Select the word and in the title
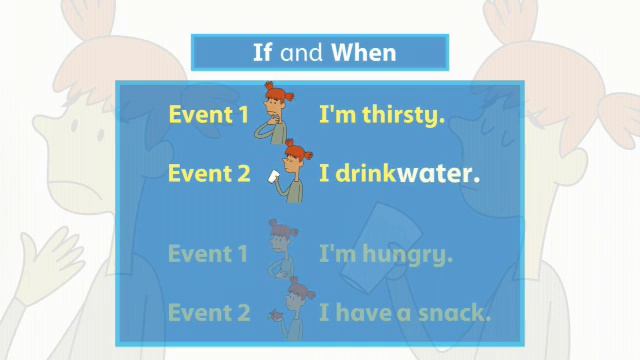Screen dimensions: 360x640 303,52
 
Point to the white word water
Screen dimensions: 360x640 438,173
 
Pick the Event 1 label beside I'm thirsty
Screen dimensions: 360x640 208,115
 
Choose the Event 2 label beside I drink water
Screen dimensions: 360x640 208,173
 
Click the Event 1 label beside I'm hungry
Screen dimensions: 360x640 208,254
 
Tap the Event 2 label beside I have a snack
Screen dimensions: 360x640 208,313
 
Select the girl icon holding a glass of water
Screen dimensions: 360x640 289,170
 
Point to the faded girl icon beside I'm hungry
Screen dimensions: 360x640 280,250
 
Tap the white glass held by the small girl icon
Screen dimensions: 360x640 274,177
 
